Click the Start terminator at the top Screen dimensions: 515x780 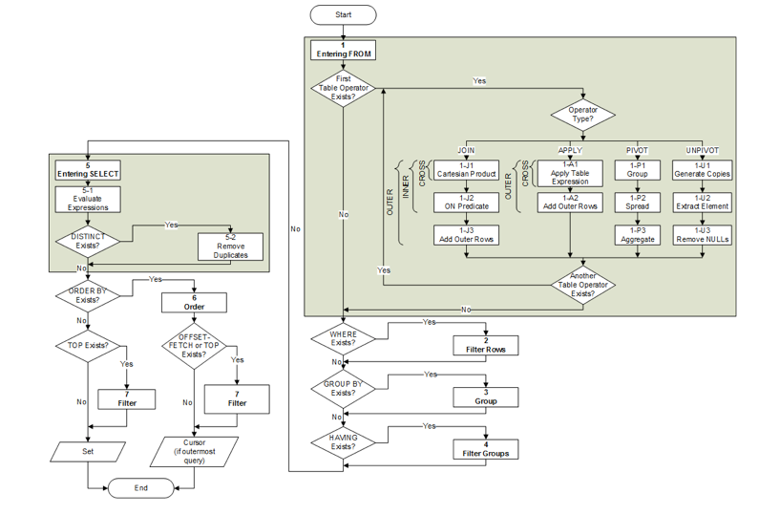click(x=343, y=15)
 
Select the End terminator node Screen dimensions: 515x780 click(x=141, y=487)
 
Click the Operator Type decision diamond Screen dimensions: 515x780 click(x=582, y=116)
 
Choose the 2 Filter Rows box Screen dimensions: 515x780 click(x=486, y=345)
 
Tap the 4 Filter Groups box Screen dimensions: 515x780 click(x=486, y=448)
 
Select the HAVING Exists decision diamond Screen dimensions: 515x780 click(x=343, y=441)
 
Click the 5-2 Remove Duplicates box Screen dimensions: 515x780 click(x=231, y=246)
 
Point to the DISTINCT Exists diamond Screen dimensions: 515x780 click(x=88, y=240)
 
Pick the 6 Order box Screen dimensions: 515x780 click(x=196, y=302)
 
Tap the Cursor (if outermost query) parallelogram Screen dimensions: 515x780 click(x=196, y=449)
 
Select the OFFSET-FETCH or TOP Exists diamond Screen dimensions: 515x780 click(x=194, y=346)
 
